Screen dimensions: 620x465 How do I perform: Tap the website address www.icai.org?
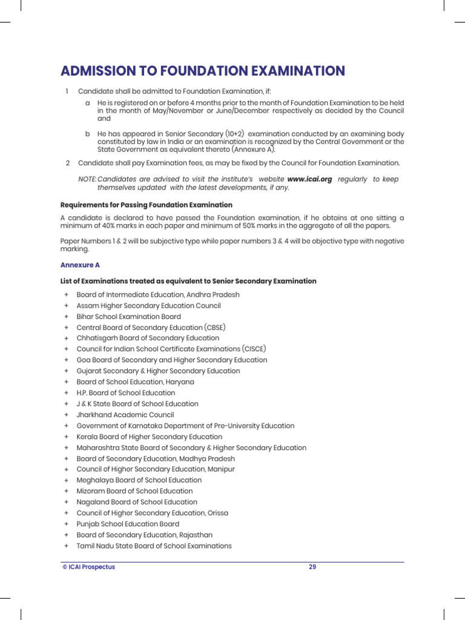(309, 179)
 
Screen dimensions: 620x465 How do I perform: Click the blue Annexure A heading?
(80, 265)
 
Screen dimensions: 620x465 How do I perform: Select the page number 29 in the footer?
(312, 567)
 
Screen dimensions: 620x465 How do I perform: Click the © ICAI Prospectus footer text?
(88, 567)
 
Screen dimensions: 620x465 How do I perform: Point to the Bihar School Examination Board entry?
(128, 317)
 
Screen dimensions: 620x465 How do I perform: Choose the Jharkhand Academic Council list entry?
(125, 415)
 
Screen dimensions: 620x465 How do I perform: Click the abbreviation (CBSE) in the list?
(215, 328)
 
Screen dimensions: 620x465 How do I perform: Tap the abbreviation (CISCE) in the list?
(254, 349)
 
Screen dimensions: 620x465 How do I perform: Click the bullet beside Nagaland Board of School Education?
(65, 502)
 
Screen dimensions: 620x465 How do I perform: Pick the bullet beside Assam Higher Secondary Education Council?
(65, 306)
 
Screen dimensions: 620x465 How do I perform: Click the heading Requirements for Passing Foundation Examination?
(146, 205)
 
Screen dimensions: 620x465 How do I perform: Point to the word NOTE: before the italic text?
(87, 179)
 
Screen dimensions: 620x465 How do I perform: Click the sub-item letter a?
(88, 103)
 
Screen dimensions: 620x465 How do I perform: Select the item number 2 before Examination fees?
(67, 163)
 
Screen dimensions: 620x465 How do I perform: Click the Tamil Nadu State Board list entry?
(154, 546)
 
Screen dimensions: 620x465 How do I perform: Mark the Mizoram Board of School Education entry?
(134, 491)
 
